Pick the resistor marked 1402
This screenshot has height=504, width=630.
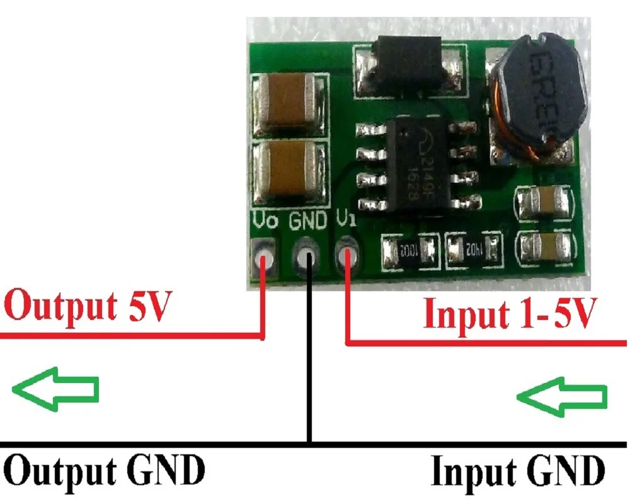[x=473, y=248]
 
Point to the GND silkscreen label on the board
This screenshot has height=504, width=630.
[x=308, y=221]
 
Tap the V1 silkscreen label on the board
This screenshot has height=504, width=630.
[x=346, y=220]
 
